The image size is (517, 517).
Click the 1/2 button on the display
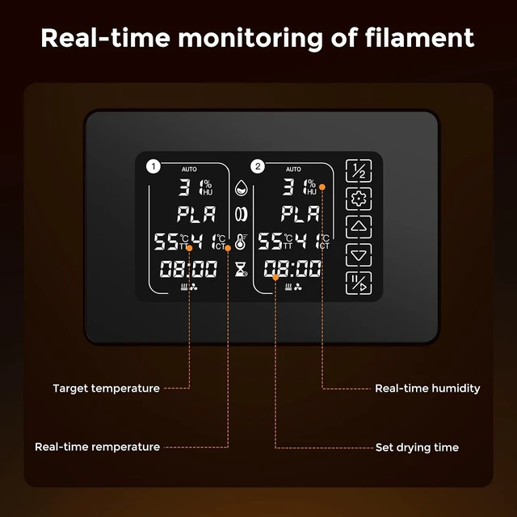pyautogui.click(x=359, y=170)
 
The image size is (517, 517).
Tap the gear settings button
pyautogui.click(x=359, y=199)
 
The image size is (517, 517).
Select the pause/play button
pyautogui.click(x=359, y=284)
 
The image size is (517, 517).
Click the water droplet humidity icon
pyautogui.click(x=241, y=187)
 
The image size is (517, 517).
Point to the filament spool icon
pyautogui.click(x=241, y=214)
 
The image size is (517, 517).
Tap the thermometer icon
pyautogui.click(x=241, y=242)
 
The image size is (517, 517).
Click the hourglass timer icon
pyautogui.click(x=241, y=269)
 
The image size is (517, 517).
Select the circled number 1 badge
pyautogui.click(x=153, y=166)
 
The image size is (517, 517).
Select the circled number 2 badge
pyautogui.click(x=258, y=166)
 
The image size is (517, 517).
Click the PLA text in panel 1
pyautogui.click(x=196, y=214)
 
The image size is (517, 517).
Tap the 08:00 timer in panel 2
pyautogui.click(x=292, y=268)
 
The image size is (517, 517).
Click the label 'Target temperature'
pyautogui.click(x=106, y=389)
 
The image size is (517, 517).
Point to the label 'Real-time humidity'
pyautogui.click(x=427, y=389)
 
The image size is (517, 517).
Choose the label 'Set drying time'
pyautogui.click(x=417, y=448)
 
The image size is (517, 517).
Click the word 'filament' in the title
pyautogui.click(x=419, y=38)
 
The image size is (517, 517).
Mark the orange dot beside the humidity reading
pyautogui.click(x=322, y=187)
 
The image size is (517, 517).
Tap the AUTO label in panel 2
pyautogui.click(x=293, y=169)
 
